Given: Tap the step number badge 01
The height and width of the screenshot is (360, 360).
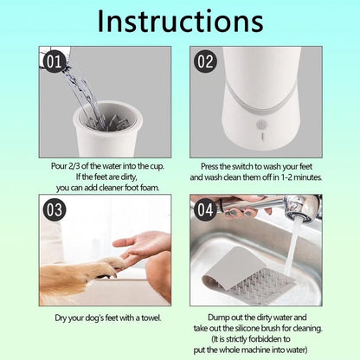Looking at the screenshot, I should pos(54,62).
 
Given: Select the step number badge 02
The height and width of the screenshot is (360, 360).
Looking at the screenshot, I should pos(205,62).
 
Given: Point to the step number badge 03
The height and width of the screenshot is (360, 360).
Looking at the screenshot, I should pos(54,210).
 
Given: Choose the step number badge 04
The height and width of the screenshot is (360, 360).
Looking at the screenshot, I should pos(205,210).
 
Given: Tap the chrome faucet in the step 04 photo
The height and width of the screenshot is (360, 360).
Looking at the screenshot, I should pos(294,208).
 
